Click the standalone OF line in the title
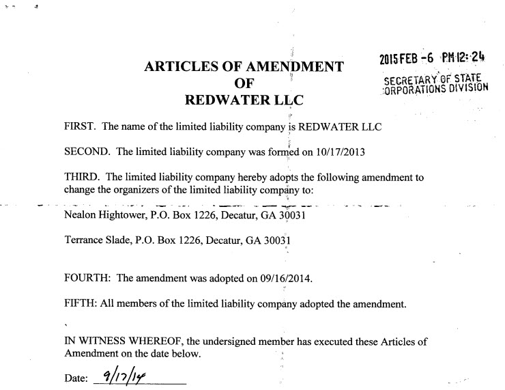pyautogui.click(x=244, y=84)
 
